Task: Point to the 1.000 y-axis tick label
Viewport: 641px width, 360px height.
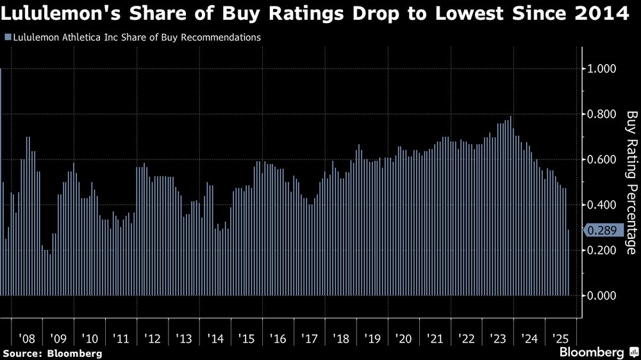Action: click(x=602, y=69)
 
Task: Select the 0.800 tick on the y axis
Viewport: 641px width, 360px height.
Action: click(x=602, y=114)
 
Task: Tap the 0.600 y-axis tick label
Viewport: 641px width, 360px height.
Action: click(x=602, y=160)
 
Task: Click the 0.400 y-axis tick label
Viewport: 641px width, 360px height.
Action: click(x=602, y=205)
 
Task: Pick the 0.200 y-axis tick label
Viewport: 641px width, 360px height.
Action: click(x=602, y=250)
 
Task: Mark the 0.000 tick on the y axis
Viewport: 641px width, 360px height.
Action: click(x=602, y=295)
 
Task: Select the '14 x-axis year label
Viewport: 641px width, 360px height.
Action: click(x=214, y=338)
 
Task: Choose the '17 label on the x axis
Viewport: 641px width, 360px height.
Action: click(x=308, y=338)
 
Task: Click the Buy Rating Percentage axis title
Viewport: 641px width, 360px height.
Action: click(x=631, y=183)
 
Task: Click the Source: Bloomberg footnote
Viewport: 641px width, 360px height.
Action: click(x=53, y=353)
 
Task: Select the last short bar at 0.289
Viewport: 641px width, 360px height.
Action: click(x=569, y=263)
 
